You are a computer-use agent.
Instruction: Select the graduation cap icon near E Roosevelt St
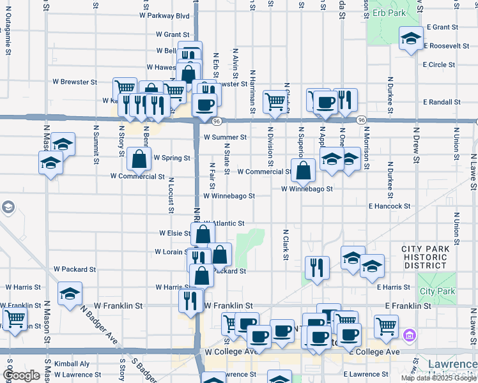point(411,39)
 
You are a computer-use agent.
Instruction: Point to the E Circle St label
point(438,65)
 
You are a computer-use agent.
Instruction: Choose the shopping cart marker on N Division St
point(275,101)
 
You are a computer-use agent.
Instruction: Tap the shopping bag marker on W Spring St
point(139,159)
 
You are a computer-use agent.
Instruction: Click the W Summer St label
point(225,137)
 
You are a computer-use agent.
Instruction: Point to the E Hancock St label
point(389,206)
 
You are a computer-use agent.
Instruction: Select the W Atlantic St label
point(225,223)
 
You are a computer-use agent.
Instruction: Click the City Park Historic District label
point(433,257)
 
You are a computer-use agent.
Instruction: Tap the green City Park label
point(437,292)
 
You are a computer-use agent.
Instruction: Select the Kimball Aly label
point(72,363)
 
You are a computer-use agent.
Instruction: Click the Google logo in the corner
point(22,375)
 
